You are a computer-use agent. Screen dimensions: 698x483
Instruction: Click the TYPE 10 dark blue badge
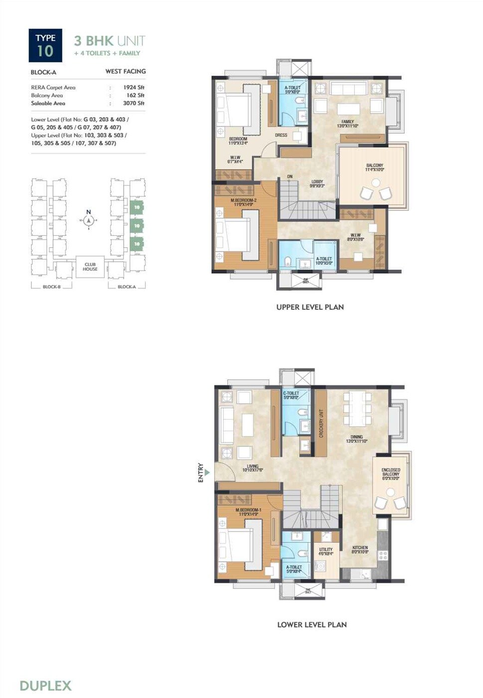[45, 45]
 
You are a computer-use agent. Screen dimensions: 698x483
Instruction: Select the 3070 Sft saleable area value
[134, 103]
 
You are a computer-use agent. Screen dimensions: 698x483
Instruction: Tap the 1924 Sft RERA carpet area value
[134, 87]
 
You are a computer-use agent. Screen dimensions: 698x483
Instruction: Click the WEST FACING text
[126, 71]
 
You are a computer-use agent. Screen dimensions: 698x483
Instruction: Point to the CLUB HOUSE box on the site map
[90, 267]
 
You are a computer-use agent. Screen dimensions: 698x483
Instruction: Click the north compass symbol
[89, 220]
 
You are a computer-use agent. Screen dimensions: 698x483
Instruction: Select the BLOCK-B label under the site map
[51, 287]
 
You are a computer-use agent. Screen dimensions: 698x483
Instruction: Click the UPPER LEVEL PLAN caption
[310, 307]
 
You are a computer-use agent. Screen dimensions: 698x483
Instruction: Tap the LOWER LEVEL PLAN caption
[312, 624]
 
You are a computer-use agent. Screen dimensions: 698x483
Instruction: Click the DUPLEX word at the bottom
[45, 686]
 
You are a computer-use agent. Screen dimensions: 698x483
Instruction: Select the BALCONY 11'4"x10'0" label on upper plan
[375, 168]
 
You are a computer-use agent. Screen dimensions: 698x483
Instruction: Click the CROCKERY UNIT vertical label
[322, 423]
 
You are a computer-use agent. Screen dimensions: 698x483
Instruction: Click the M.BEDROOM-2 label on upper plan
[243, 202]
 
